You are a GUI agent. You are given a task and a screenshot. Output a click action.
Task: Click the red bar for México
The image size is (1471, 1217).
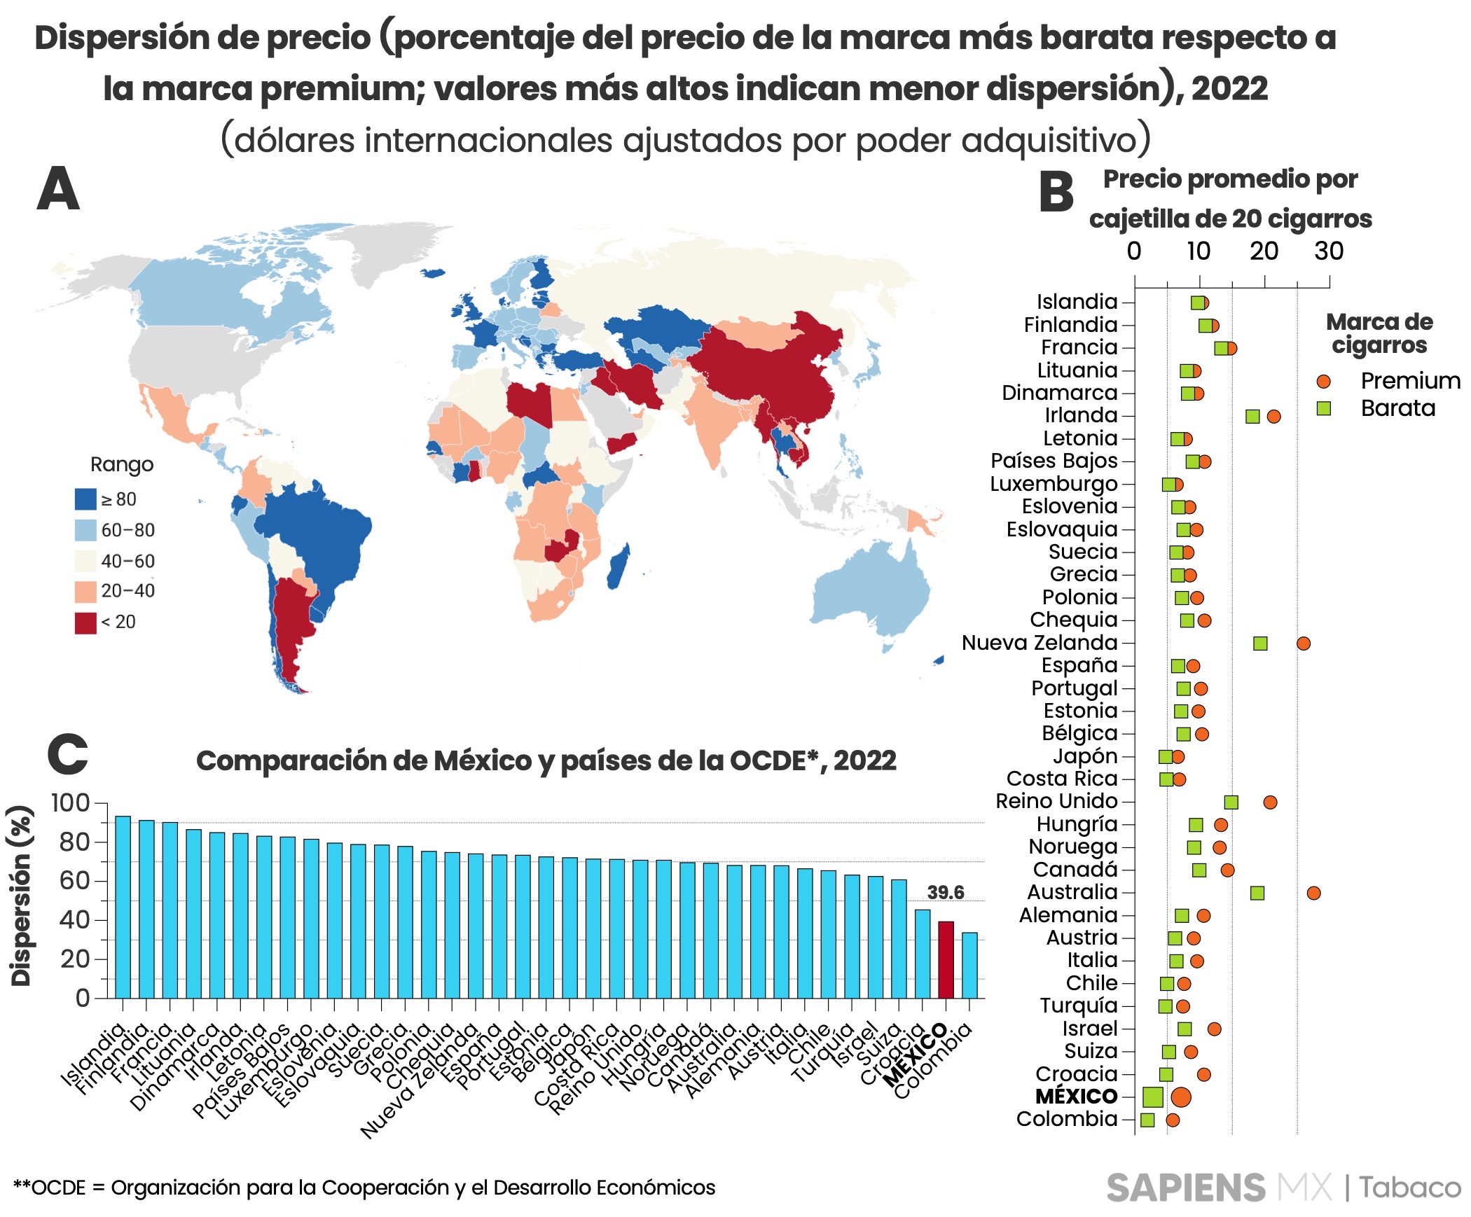(x=946, y=959)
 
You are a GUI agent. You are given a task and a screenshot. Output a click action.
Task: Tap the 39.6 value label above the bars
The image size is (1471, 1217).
(x=945, y=892)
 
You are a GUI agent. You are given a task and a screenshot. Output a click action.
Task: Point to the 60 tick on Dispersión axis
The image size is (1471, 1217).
(x=74, y=881)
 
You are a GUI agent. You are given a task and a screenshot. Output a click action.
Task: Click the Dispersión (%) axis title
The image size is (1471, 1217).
(x=21, y=896)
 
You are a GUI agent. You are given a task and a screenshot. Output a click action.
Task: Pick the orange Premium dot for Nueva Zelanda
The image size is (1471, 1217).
(x=1303, y=644)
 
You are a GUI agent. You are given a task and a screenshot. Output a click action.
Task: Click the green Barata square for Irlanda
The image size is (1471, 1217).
(x=1252, y=417)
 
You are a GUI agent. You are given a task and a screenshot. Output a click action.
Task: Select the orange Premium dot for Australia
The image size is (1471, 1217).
(x=1313, y=893)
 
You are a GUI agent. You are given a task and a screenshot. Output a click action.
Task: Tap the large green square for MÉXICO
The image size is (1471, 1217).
(x=1152, y=1097)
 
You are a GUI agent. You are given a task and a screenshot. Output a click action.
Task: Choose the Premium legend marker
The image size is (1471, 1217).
(x=1323, y=382)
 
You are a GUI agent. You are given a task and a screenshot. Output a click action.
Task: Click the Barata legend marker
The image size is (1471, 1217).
(x=1323, y=408)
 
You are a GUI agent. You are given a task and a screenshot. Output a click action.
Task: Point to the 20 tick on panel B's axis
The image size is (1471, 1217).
(x=1264, y=251)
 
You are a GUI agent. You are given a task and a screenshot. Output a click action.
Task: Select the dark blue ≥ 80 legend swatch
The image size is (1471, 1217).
(x=85, y=499)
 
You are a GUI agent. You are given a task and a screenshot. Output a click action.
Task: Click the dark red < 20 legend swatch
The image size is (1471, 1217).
(x=85, y=623)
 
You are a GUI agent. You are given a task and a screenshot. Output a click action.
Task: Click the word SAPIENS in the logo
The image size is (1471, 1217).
(x=1185, y=1188)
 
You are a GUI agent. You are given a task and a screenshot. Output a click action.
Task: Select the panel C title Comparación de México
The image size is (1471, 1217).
(x=546, y=760)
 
